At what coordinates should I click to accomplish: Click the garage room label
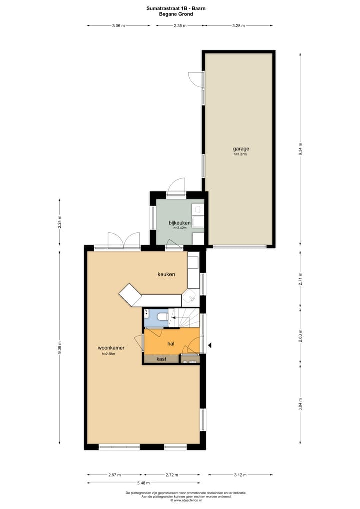[241, 149]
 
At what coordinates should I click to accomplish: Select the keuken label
[166, 274]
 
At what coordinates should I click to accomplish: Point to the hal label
[170, 343]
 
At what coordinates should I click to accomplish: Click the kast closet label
[161, 359]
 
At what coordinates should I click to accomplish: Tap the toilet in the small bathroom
[162, 316]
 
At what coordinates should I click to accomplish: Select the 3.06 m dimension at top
[118, 25]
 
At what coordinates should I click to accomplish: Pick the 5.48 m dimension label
[143, 483]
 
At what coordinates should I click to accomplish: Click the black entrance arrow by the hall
[210, 345]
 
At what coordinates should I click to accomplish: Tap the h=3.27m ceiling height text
[240, 154]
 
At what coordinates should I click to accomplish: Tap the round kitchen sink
[190, 298]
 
